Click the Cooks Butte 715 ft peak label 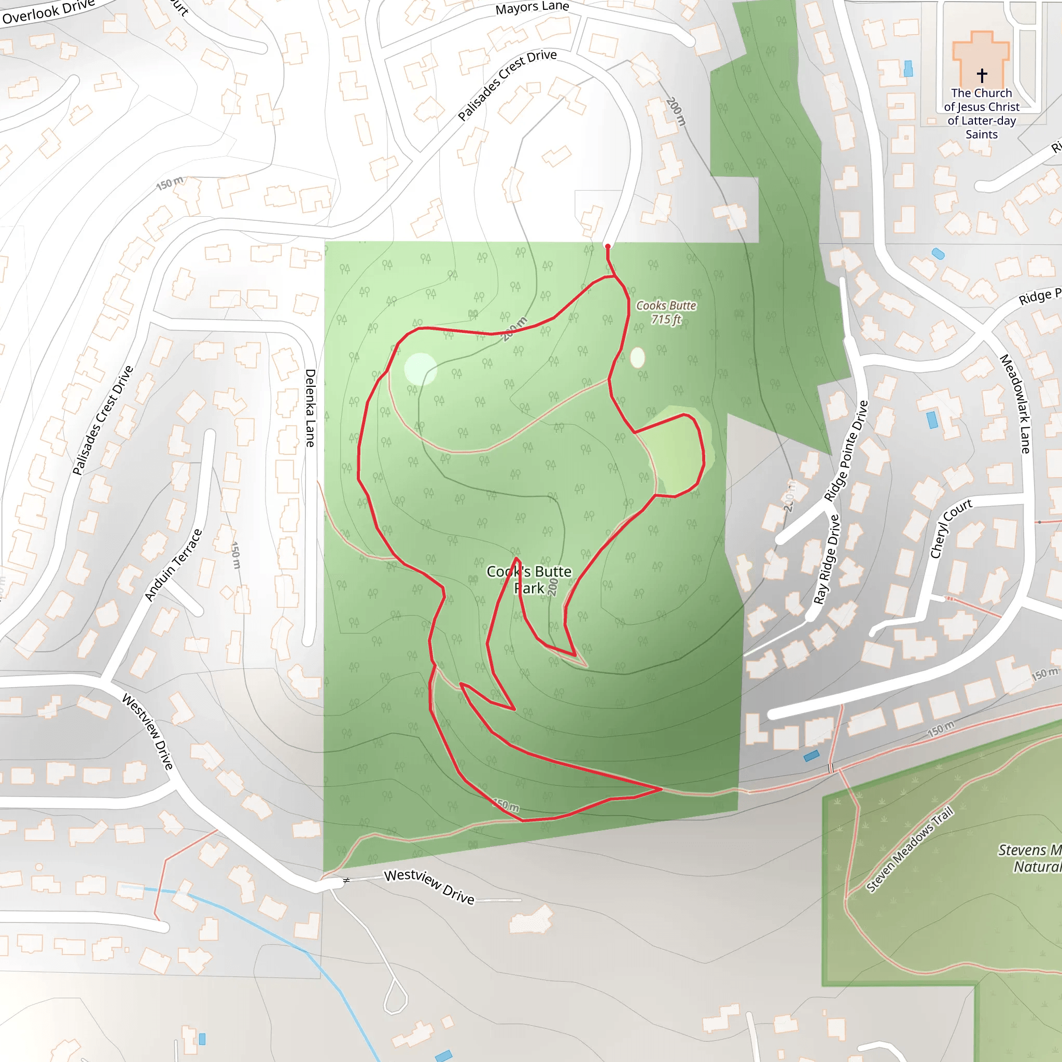666,312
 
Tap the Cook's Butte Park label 529,579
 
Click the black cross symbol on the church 982,75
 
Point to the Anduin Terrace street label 173,565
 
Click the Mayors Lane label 532,8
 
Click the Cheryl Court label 951,528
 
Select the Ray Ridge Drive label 827,559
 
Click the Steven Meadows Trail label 909,850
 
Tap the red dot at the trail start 607,246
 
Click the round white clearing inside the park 421,369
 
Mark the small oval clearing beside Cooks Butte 637,357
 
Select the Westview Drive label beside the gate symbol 429,886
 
